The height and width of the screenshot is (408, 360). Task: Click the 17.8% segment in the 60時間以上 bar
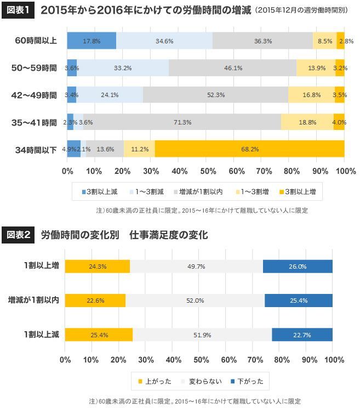pyautogui.click(x=91, y=41)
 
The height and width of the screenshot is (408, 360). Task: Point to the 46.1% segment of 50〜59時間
pyautogui.click(x=233, y=68)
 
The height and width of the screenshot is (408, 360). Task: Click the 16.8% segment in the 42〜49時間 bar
pyautogui.click(x=311, y=95)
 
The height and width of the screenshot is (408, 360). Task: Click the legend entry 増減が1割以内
pyautogui.click(x=201, y=192)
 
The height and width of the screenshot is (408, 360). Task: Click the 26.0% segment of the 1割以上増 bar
pyautogui.click(x=298, y=267)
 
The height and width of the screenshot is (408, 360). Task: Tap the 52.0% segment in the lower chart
pyautogui.click(x=195, y=301)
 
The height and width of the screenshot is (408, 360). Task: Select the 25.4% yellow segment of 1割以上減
pyautogui.click(x=99, y=335)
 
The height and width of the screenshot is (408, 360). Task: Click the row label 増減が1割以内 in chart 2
pyautogui.click(x=33, y=301)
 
